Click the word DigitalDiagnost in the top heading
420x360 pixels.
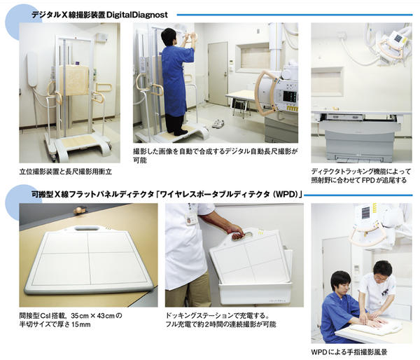pyautogui.click(x=137, y=15)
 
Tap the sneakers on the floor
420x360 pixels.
pyautogui.click(x=218, y=123)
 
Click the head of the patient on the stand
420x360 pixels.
pyautogui.click(x=169, y=36)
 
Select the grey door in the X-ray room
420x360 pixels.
pyautogui.click(x=218, y=73)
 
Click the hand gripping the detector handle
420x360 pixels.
pyautogui.click(x=237, y=233)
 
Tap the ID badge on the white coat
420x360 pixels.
pyautogui.click(x=191, y=219)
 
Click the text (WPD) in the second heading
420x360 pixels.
pyautogui.click(x=286, y=194)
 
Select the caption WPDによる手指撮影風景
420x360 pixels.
pyautogui.click(x=349, y=352)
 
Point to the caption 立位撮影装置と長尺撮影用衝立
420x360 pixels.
pyautogui.click(x=65, y=172)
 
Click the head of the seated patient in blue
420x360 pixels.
pyautogui.click(x=340, y=283)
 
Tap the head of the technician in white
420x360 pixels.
pyautogui.click(x=382, y=272)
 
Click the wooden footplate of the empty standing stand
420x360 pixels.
pyautogui.click(x=77, y=141)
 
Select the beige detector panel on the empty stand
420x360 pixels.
pyautogui.click(x=74, y=81)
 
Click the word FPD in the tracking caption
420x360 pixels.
pyautogui.click(x=369, y=180)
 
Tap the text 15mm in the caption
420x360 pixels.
pyautogui.click(x=80, y=324)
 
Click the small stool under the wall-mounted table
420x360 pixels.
pyautogui.click(x=239, y=106)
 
